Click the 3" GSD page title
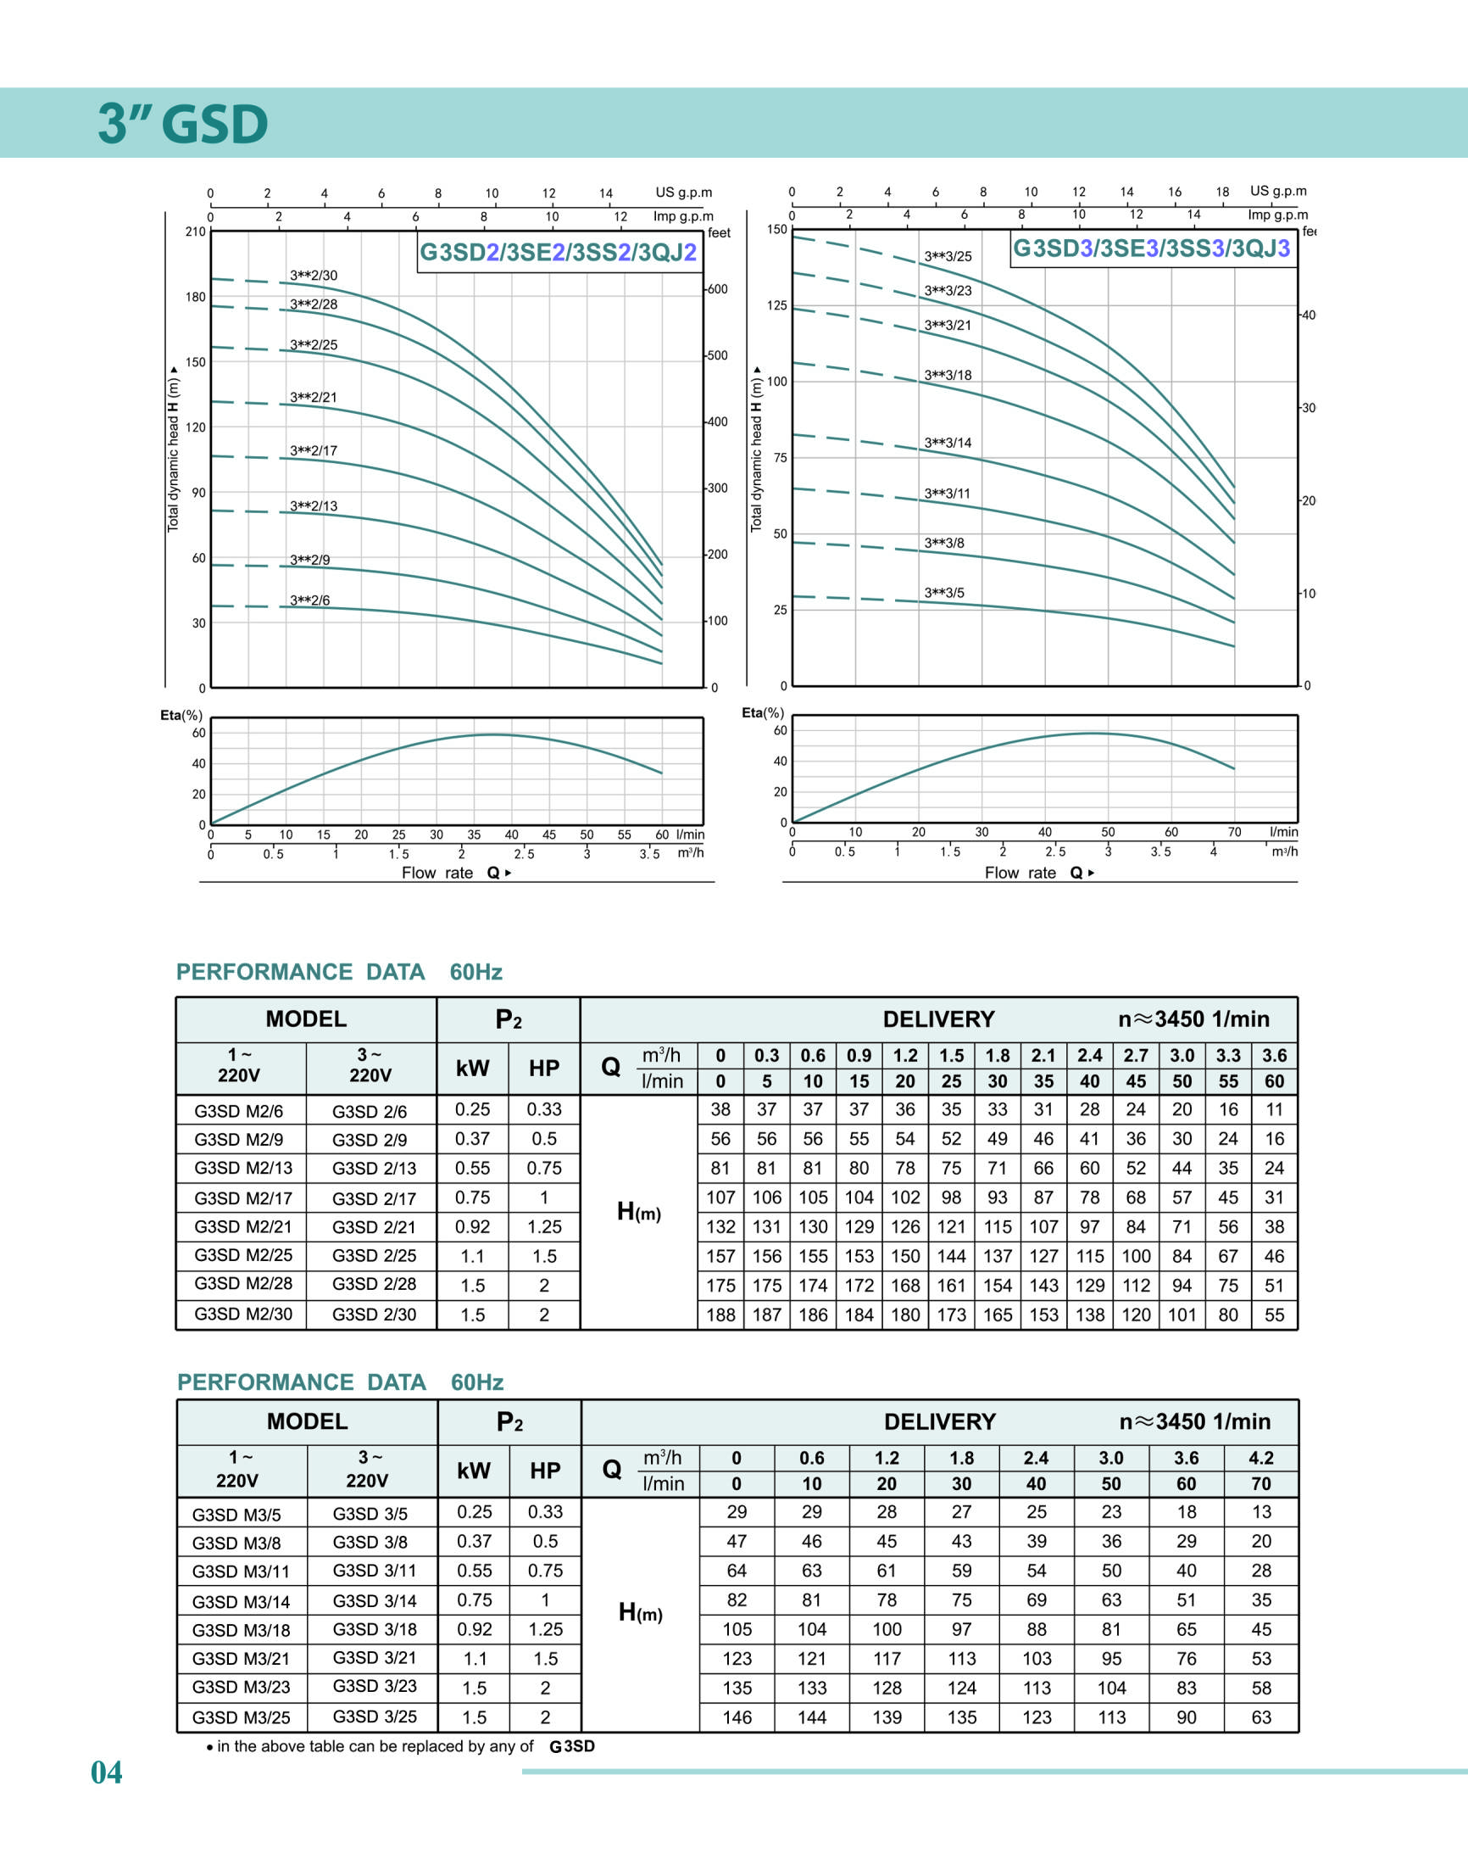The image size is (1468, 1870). click(182, 123)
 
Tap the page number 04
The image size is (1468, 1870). click(107, 1772)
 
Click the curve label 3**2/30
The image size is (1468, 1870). click(314, 275)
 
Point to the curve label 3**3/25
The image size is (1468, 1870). click(948, 256)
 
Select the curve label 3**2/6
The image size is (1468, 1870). click(309, 600)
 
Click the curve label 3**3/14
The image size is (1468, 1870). click(948, 443)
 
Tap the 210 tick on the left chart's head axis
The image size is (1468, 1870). click(195, 232)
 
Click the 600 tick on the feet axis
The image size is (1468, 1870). click(717, 289)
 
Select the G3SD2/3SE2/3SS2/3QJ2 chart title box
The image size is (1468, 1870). click(557, 252)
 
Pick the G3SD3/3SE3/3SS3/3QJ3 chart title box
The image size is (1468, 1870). click(1152, 248)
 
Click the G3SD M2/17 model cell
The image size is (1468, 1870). click(243, 1197)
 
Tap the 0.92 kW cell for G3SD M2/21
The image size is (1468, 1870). click(473, 1227)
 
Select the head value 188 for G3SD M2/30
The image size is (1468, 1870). click(720, 1315)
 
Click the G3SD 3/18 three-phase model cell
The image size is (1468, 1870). click(375, 1629)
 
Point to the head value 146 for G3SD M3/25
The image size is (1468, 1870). click(737, 1717)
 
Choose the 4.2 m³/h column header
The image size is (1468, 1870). click(1261, 1458)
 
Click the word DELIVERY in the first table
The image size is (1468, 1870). click(938, 1019)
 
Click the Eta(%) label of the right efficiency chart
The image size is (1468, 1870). click(763, 712)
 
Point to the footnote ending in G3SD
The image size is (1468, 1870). click(401, 1746)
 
